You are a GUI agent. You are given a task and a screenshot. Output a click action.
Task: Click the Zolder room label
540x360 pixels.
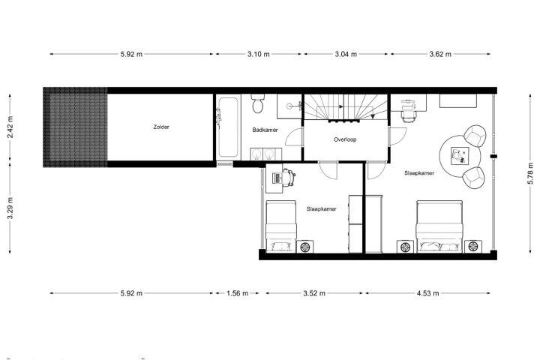coord(161,127)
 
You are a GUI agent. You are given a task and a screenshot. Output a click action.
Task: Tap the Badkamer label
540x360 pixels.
coord(265,130)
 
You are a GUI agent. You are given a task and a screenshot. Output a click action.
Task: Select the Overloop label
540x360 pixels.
coord(345,139)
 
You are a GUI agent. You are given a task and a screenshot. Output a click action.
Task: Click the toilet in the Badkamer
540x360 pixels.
coord(257,103)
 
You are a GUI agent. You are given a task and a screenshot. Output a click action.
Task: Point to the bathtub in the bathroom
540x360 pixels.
coord(228,127)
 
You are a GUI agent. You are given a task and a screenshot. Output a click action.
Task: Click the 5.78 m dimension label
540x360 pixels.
coord(530,173)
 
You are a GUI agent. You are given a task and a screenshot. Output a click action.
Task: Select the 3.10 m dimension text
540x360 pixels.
coord(258,54)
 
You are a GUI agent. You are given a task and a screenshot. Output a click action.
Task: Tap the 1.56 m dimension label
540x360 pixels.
coord(237,293)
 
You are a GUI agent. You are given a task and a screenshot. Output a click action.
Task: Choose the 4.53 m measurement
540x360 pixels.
coord(427,293)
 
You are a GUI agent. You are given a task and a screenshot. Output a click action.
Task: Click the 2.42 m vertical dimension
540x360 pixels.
coord(10,127)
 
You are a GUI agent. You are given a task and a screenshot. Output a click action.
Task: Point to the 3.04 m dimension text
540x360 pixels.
coord(346,54)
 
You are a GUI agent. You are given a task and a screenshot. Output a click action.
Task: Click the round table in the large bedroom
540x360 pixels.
coord(460,156)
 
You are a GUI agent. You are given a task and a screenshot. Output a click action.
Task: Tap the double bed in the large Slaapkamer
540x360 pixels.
coord(439,226)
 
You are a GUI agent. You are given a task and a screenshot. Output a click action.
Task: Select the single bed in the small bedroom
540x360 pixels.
coord(280,226)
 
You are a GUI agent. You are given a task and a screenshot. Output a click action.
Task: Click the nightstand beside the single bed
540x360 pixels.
coord(305,247)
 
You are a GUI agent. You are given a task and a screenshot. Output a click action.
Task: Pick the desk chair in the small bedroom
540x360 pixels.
coord(289,177)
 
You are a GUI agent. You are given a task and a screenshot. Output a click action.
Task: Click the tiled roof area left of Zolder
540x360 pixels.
coord(76,127)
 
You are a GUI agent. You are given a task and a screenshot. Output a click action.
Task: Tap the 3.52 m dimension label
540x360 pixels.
coord(314,293)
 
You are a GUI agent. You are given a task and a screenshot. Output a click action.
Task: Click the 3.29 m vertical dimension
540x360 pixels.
coord(10,208)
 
